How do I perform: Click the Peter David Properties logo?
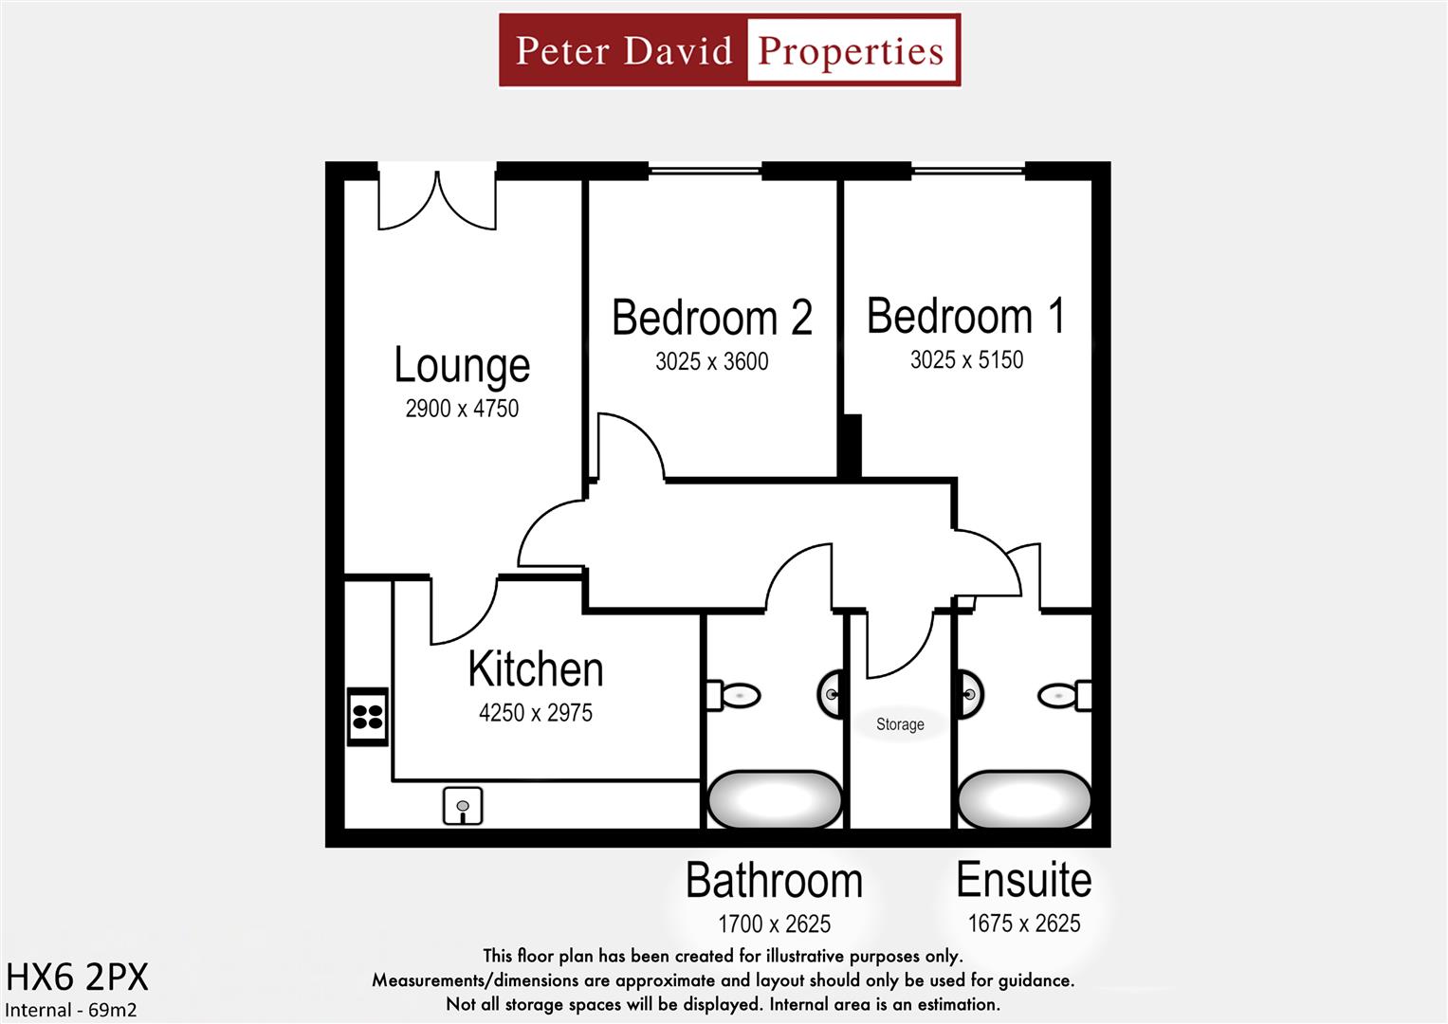729,50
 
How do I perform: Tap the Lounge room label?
462,365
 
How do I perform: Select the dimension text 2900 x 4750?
462,409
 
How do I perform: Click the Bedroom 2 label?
712,318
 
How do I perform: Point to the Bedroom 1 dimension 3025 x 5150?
966,360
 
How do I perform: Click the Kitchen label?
536,669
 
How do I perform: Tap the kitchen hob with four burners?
368,716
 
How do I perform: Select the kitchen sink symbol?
463,806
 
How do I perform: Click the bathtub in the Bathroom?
775,800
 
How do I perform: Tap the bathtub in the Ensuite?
1024,800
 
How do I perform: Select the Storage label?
900,724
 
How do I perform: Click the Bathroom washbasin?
832,695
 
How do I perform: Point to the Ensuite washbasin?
970,695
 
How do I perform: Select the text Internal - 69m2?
71,1010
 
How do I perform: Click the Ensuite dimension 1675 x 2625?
1024,923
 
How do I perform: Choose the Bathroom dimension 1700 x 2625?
774,923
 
